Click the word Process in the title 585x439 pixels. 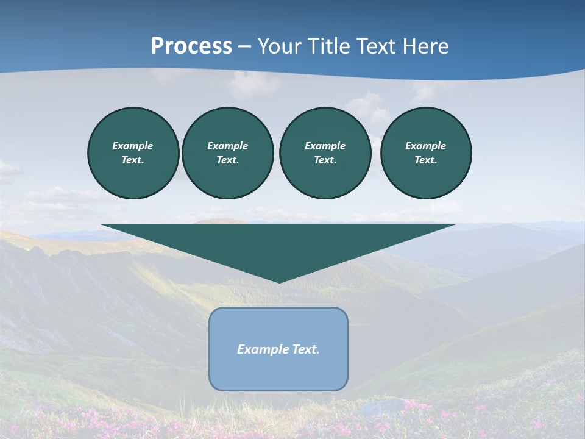pyautogui.click(x=191, y=46)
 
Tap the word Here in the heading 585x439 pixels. pyautogui.click(x=424, y=46)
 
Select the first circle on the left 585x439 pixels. pyautogui.click(x=133, y=153)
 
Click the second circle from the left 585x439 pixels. pyautogui.click(x=228, y=153)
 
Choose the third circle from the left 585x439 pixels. pyautogui.click(x=325, y=153)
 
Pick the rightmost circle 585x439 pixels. pyautogui.click(x=426, y=153)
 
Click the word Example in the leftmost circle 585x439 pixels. pyautogui.click(x=133, y=146)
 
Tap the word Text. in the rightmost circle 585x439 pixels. pyautogui.click(x=426, y=160)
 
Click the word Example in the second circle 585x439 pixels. pyautogui.click(x=228, y=146)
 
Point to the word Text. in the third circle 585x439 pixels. pyautogui.click(x=325, y=160)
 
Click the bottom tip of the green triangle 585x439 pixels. pyautogui.click(x=279, y=282)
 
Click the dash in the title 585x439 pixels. pyautogui.click(x=244, y=47)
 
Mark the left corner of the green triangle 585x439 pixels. pyautogui.click(x=103, y=226)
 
